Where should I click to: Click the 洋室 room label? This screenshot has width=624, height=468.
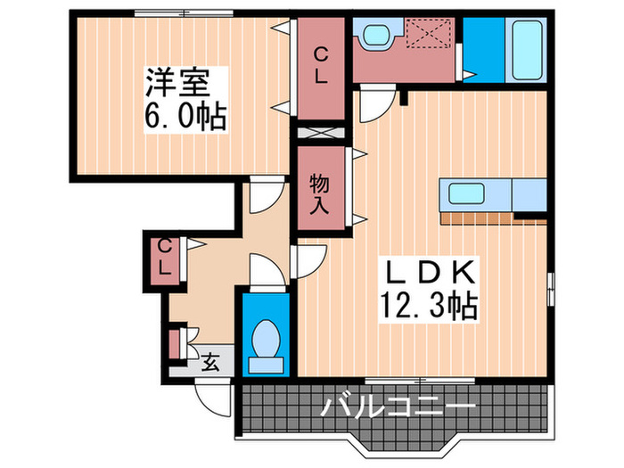[177, 83]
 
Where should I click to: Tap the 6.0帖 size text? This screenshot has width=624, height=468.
[186, 115]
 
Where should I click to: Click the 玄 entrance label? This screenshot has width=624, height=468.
[210, 362]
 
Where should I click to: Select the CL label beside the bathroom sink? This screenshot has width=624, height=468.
[321, 66]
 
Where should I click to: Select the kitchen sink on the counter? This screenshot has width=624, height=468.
[466, 193]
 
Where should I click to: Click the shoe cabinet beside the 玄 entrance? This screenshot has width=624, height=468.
[176, 344]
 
